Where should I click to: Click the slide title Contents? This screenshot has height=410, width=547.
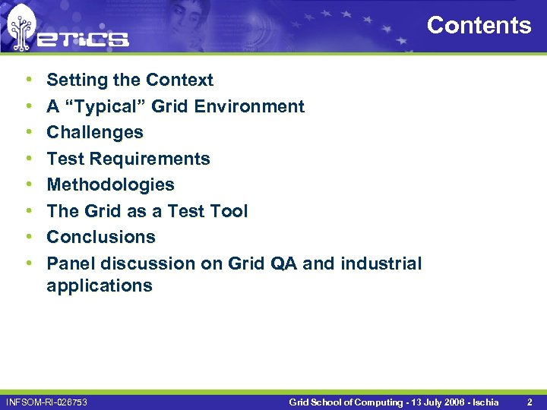(x=479, y=25)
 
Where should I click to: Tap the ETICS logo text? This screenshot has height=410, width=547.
(x=84, y=37)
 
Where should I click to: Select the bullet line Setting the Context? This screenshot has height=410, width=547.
(x=130, y=80)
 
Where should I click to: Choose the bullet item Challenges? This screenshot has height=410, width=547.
(x=95, y=132)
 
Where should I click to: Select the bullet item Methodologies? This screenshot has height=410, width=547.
(x=110, y=184)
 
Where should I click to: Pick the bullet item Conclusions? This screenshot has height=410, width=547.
(x=101, y=237)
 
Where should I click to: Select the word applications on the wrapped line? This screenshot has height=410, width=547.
(x=100, y=285)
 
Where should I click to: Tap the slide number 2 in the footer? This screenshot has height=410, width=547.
(x=530, y=401)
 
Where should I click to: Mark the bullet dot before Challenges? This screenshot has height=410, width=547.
(x=28, y=132)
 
